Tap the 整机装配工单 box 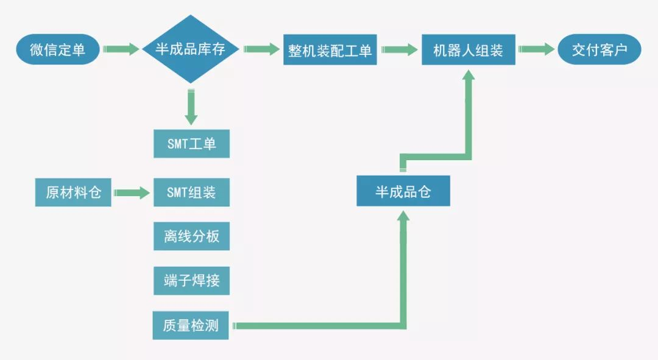click(x=330, y=50)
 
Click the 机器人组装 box click(x=469, y=50)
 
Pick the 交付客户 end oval click(x=600, y=50)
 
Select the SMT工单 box click(x=191, y=144)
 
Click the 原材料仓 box click(x=73, y=192)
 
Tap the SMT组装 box click(x=191, y=192)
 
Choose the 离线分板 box click(x=191, y=236)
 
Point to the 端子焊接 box click(x=191, y=281)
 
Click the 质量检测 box click(x=191, y=325)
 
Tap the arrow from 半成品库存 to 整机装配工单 click(x=261, y=49)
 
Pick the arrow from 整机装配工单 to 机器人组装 click(x=399, y=49)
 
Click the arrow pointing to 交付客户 click(x=536, y=49)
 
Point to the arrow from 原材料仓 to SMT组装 click(x=132, y=193)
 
